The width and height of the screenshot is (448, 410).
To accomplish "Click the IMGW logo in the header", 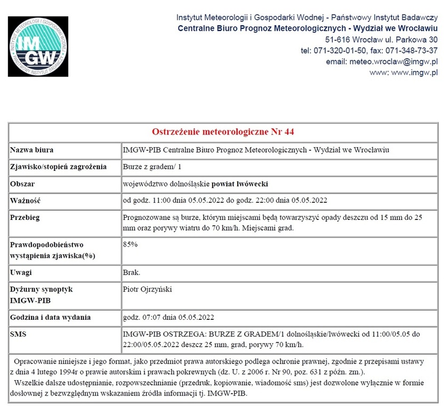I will (x=38, y=46).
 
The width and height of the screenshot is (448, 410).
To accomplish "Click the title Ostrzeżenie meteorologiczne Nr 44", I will (x=223, y=132).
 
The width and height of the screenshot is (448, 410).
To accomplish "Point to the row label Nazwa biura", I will (x=32, y=150).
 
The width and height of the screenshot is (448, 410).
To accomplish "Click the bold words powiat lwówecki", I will (x=240, y=184).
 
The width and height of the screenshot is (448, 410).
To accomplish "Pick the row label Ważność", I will (x=26, y=201).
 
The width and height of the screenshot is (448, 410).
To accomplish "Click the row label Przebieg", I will (x=25, y=218).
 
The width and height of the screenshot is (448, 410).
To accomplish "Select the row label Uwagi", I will (x=21, y=272).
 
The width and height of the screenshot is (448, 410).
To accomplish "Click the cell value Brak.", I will (x=132, y=272).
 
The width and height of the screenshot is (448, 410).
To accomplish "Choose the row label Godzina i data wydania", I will (x=51, y=317).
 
